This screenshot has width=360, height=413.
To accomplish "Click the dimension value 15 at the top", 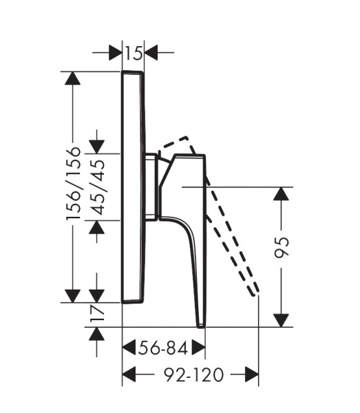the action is click(134, 53).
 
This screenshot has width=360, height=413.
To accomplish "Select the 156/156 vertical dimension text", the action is click(73, 183).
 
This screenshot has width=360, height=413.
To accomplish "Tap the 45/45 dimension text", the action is click(97, 187).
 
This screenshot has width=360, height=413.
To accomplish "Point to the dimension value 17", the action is click(97, 313).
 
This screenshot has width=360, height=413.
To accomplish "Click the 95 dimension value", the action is click(282, 247).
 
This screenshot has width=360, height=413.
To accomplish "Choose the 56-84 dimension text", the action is click(163, 348).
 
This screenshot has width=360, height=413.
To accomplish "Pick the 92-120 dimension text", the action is click(194, 374).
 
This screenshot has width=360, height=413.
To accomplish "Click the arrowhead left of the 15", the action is click(116, 52).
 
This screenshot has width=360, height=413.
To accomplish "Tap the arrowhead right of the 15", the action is click(151, 52).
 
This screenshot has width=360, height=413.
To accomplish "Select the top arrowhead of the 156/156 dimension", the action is click(73, 78).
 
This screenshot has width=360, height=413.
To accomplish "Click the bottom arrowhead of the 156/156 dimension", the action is click(73, 296).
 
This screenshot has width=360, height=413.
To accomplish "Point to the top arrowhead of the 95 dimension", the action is click(281, 194).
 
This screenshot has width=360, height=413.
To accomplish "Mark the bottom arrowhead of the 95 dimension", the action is click(281, 321).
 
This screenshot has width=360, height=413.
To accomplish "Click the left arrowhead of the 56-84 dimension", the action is click(129, 348).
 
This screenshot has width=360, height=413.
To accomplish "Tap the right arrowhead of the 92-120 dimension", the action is click(252, 374).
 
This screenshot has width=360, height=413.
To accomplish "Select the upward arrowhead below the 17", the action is click(96, 334).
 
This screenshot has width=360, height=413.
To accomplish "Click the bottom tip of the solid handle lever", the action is click(201, 326).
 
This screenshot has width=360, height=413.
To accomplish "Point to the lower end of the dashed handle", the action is click(255, 294).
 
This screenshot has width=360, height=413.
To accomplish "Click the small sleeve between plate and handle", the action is click(151, 187).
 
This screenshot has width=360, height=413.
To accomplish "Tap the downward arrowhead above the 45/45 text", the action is click(96, 147).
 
